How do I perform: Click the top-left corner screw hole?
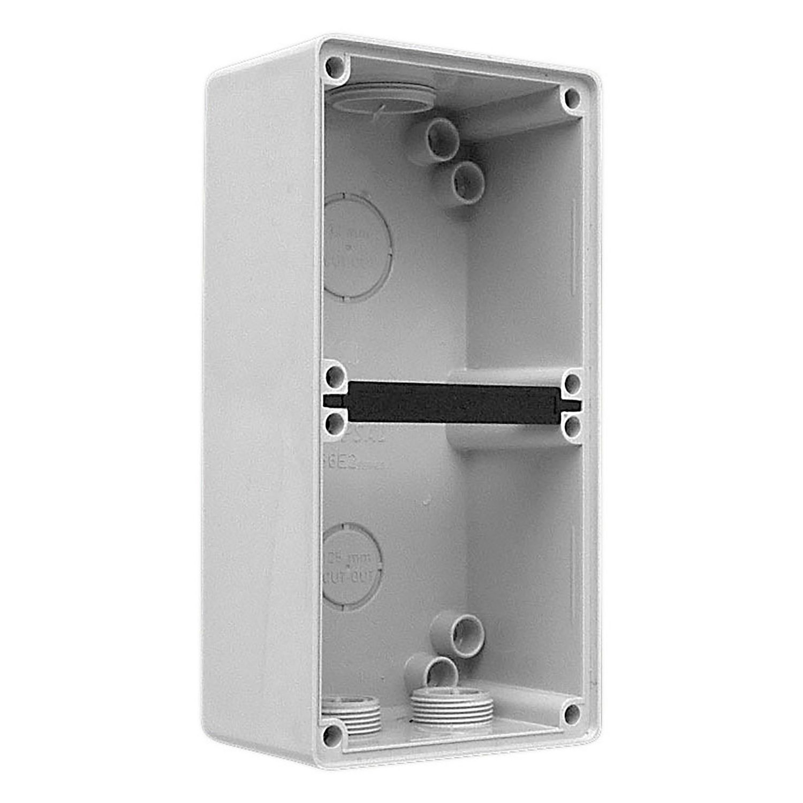tap(335, 68)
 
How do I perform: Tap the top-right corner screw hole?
tap(572, 98)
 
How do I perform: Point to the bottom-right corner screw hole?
tap(572, 712)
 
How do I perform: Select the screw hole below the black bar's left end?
tap(335, 425)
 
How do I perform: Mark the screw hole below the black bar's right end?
tap(572, 427)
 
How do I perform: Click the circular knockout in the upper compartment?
tap(358, 246)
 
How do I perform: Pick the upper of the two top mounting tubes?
tap(442, 138)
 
